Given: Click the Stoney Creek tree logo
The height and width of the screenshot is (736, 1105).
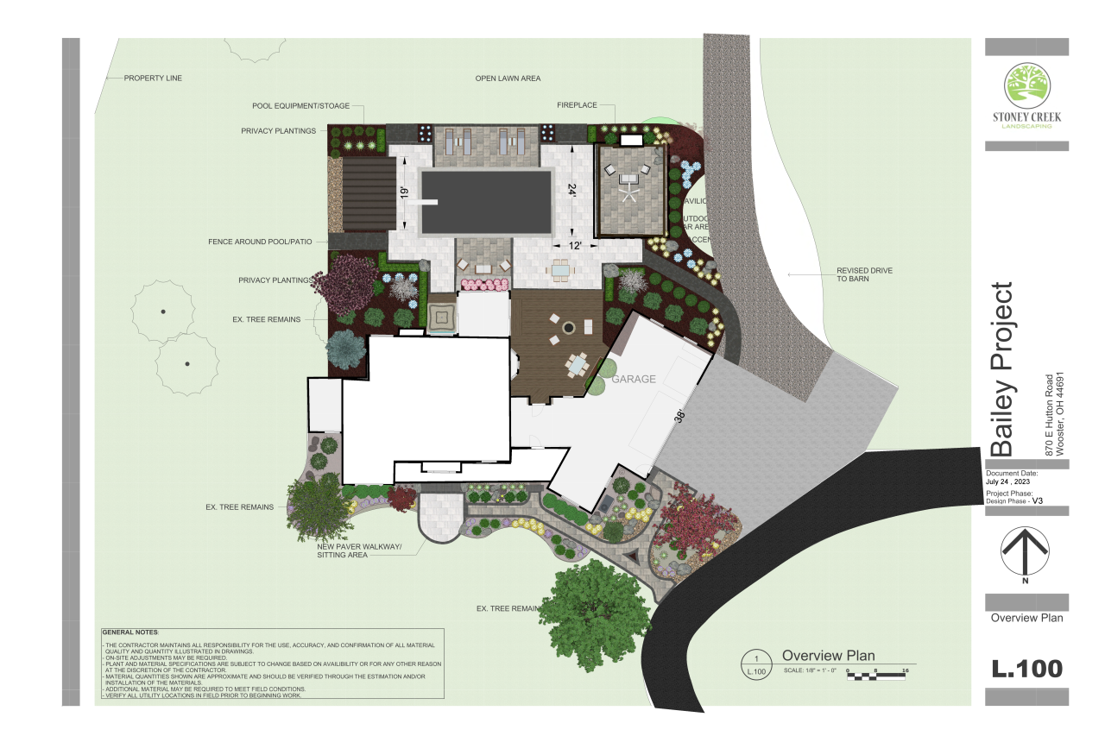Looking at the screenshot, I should [1026, 88].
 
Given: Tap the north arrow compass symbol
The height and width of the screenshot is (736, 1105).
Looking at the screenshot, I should [1025, 551].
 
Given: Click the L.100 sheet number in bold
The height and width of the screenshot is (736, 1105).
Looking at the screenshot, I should [1026, 668].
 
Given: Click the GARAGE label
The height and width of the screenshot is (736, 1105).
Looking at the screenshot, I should [634, 379].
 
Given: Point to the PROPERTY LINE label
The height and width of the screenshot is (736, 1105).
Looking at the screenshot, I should [153, 78].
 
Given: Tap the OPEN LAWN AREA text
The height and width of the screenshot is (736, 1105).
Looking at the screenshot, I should [508, 79].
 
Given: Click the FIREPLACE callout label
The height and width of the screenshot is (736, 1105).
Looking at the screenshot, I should [577, 105].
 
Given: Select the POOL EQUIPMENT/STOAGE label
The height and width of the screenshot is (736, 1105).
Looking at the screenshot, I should [300, 106].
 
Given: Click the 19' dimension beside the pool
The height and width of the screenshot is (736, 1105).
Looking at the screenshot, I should [404, 193].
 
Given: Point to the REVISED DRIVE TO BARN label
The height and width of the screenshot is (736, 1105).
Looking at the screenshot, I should [863, 275].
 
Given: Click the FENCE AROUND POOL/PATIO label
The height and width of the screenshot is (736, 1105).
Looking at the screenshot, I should [260, 241].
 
